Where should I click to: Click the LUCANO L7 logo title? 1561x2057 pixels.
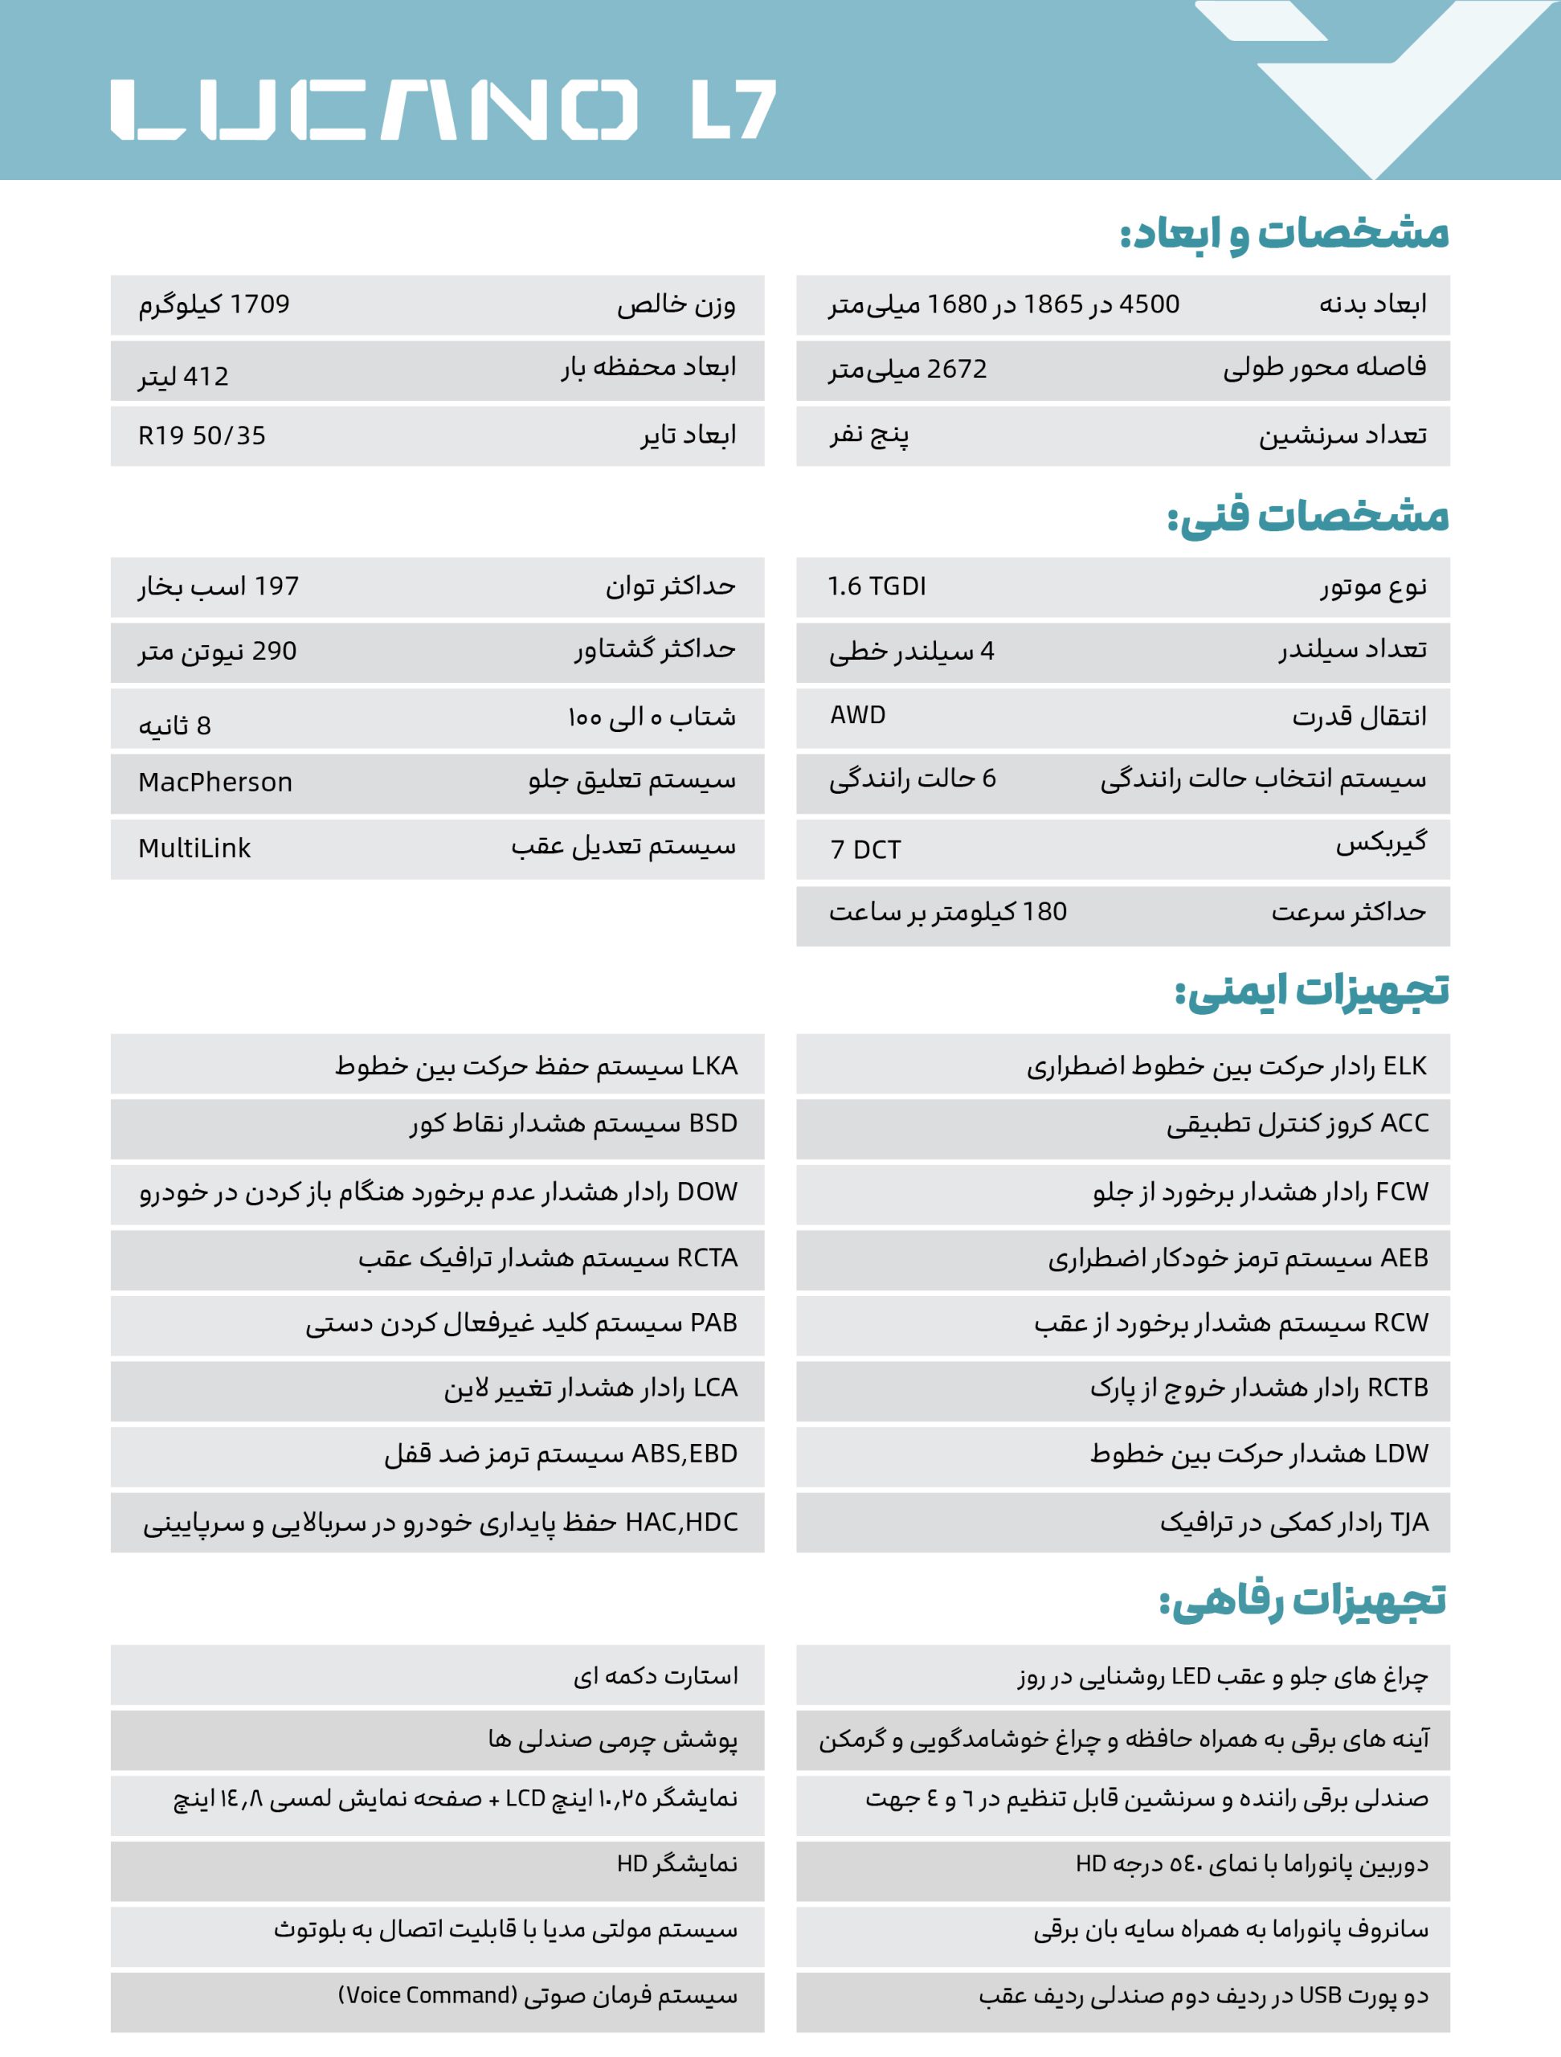click(x=443, y=110)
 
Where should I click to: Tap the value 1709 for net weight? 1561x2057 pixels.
click(x=259, y=304)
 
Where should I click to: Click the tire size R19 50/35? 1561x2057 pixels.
click(x=202, y=436)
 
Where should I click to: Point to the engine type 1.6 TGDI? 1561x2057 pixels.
click(x=877, y=586)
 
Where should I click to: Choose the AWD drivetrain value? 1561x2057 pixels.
click(x=857, y=715)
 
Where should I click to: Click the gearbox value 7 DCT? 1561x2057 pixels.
click(x=864, y=849)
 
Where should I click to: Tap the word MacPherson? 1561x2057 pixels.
click(x=215, y=782)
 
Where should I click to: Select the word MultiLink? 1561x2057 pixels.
click(x=194, y=848)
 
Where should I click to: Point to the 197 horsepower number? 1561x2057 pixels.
click(x=276, y=586)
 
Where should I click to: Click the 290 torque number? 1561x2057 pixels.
click(x=274, y=651)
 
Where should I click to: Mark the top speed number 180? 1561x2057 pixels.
click(x=1044, y=911)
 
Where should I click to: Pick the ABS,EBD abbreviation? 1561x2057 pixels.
click(x=684, y=1453)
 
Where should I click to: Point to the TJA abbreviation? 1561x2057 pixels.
click(x=1408, y=1523)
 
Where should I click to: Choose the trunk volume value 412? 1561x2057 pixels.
click(x=206, y=377)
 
